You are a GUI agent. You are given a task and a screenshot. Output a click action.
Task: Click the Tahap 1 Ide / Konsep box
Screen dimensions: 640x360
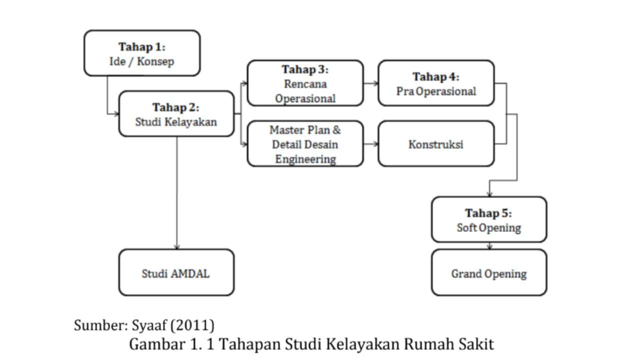[x=142, y=53]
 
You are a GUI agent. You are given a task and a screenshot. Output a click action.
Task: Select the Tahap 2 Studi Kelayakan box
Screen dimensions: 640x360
[x=176, y=113]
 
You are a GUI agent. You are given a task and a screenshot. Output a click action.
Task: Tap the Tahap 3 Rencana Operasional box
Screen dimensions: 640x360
[x=305, y=83]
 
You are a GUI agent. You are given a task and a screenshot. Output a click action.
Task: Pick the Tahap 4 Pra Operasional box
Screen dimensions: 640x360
[x=436, y=83]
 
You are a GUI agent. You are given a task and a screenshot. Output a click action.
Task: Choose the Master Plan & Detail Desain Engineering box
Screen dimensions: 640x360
[x=305, y=143]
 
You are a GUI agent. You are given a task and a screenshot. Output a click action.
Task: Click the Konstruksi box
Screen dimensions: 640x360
[x=436, y=143]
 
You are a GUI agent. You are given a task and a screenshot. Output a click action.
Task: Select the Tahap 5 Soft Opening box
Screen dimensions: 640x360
[x=489, y=219]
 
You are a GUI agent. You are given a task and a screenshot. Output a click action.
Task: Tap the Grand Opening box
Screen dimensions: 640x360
[x=489, y=272]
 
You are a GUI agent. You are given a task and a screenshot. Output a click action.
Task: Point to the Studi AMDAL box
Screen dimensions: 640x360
[x=176, y=272]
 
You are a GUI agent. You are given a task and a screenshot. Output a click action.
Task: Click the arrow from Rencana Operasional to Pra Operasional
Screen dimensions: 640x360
[x=371, y=83]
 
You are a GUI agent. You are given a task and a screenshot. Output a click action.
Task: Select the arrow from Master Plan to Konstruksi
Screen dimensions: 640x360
[x=371, y=144]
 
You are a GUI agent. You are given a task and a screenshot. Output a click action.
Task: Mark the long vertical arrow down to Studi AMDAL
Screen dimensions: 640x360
[x=177, y=193]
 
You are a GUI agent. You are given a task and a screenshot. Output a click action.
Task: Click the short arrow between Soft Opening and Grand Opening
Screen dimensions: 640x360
[x=489, y=246]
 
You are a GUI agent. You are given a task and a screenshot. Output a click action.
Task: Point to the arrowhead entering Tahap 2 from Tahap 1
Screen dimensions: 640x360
[x=116, y=114]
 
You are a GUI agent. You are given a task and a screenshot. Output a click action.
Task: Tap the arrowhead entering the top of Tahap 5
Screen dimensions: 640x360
[x=489, y=194]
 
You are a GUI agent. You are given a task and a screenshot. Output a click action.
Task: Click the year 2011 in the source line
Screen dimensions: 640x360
[x=192, y=325]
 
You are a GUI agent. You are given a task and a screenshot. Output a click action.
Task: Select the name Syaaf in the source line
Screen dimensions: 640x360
[x=149, y=325]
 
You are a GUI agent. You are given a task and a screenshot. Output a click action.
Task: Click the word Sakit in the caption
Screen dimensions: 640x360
[x=476, y=344]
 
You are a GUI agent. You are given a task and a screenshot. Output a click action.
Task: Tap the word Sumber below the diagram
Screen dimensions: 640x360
[x=101, y=325]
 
